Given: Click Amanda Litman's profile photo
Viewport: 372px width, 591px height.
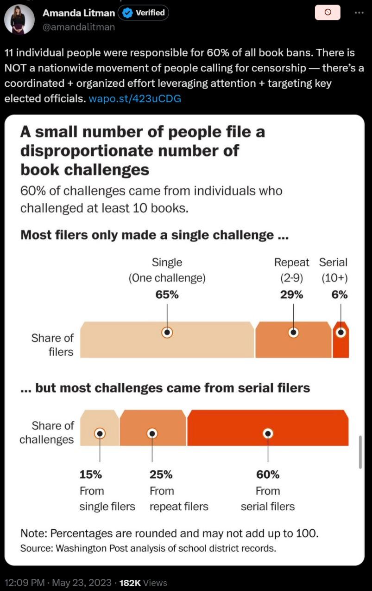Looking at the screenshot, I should tap(19, 19).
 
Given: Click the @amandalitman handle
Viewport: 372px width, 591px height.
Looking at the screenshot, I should tap(78, 27).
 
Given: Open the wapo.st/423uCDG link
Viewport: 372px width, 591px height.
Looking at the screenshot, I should tap(134, 98).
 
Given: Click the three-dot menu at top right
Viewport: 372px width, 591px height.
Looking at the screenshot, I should tap(359, 13).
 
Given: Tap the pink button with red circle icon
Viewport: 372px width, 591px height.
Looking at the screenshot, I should tap(328, 13).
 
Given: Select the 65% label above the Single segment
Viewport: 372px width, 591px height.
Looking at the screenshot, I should tap(167, 295).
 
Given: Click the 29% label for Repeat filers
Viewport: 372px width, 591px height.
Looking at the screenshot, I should tap(291, 295).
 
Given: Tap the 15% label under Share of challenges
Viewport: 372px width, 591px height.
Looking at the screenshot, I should tap(90, 475).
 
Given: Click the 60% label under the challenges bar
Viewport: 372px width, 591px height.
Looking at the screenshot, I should tap(267, 475).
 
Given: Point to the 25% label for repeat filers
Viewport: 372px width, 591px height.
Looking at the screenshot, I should tap(160, 475).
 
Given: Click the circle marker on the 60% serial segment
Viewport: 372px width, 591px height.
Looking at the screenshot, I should tap(267, 433).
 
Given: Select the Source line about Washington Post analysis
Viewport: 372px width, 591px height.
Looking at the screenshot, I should tap(148, 548).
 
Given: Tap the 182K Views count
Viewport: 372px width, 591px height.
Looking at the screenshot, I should tap(143, 583).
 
